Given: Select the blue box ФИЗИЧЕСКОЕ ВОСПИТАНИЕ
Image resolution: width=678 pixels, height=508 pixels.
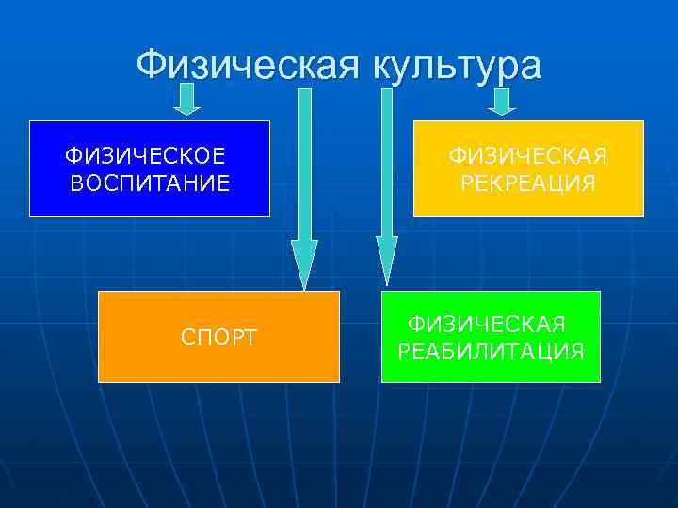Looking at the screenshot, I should (x=149, y=168).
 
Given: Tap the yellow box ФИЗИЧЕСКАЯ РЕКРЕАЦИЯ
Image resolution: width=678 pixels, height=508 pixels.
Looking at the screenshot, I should (x=528, y=169).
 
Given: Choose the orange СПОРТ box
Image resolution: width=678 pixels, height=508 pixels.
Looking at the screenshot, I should (x=218, y=336).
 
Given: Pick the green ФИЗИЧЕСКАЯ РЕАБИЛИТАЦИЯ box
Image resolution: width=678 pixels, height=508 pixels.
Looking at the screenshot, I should (x=490, y=336).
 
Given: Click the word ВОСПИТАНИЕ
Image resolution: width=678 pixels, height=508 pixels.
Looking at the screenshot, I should (x=149, y=183).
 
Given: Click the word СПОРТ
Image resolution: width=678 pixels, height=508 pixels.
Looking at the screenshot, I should (x=218, y=337).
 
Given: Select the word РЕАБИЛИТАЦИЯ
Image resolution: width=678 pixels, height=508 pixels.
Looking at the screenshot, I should (x=491, y=352).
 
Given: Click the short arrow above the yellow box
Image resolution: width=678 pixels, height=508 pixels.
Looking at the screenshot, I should (x=502, y=101).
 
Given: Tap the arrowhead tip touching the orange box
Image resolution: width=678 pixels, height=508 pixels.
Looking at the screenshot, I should (x=304, y=285).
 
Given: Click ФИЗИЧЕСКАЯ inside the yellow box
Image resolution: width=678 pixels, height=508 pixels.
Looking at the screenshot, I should (x=528, y=155).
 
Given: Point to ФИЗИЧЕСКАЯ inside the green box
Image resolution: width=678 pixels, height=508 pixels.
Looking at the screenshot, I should (x=486, y=325).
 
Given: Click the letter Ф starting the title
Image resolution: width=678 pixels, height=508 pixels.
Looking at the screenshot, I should (x=151, y=66).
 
